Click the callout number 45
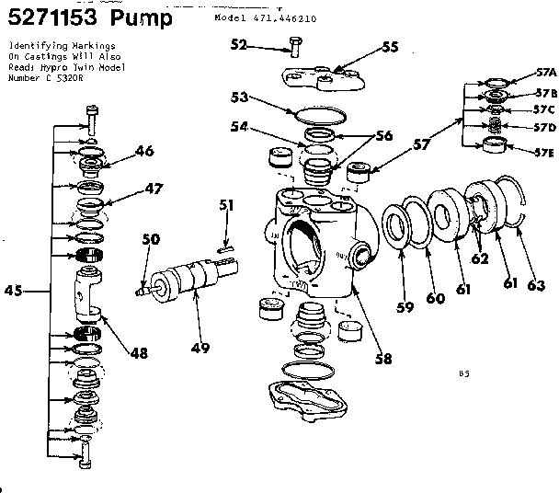(x=13, y=292)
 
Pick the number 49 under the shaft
(x=200, y=348)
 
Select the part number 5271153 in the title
(x=50, y=18)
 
